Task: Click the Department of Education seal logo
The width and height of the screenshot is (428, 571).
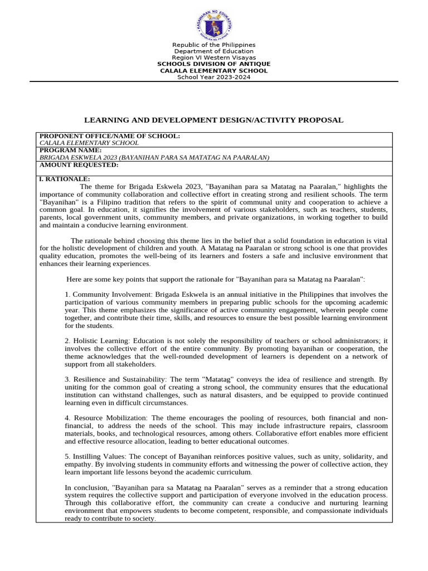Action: (x=214, y=23)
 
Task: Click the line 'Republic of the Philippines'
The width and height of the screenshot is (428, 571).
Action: (x=214, y=45)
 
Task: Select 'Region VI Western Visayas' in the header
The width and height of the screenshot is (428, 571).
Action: (x=214, y=57)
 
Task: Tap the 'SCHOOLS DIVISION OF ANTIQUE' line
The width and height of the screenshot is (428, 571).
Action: (x=214, y=64)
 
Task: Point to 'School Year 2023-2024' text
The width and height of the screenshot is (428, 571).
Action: (x=214, y=77)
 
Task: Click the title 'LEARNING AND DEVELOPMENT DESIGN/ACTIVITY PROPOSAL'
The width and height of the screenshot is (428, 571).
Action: (x=214, y=120)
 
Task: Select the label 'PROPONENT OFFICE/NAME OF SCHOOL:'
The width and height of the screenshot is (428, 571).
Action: (x=109, y=136)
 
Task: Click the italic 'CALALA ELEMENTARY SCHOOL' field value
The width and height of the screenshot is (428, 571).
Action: (x=89, y=143)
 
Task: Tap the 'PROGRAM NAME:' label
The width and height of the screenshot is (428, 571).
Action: (x=71, y=150)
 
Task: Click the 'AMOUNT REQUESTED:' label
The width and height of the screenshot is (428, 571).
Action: (x=79, y=164)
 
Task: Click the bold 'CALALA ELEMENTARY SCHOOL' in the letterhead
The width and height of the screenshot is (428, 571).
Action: (x=214, y=71)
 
